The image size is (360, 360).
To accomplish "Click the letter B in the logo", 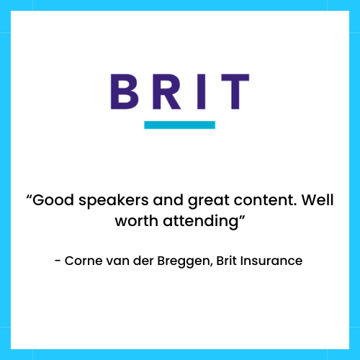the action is (125, 91).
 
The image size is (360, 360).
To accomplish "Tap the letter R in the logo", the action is (166, 91).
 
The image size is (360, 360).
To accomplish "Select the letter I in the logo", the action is (201, 91).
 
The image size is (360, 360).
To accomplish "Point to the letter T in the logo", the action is (235, 91).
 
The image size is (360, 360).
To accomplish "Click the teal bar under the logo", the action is (179, 125).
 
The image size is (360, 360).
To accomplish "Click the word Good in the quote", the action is (53, 200).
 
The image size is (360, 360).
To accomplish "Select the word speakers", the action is (114, 201).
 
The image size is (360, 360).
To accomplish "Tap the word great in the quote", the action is (209, 201).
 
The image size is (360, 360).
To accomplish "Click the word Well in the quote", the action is (318, 199).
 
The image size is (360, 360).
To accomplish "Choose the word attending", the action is (200, 222).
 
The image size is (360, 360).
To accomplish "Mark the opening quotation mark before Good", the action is (29, 197).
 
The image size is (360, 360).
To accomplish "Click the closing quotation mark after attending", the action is (242, 217).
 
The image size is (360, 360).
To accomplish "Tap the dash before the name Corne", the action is (58, 261).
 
